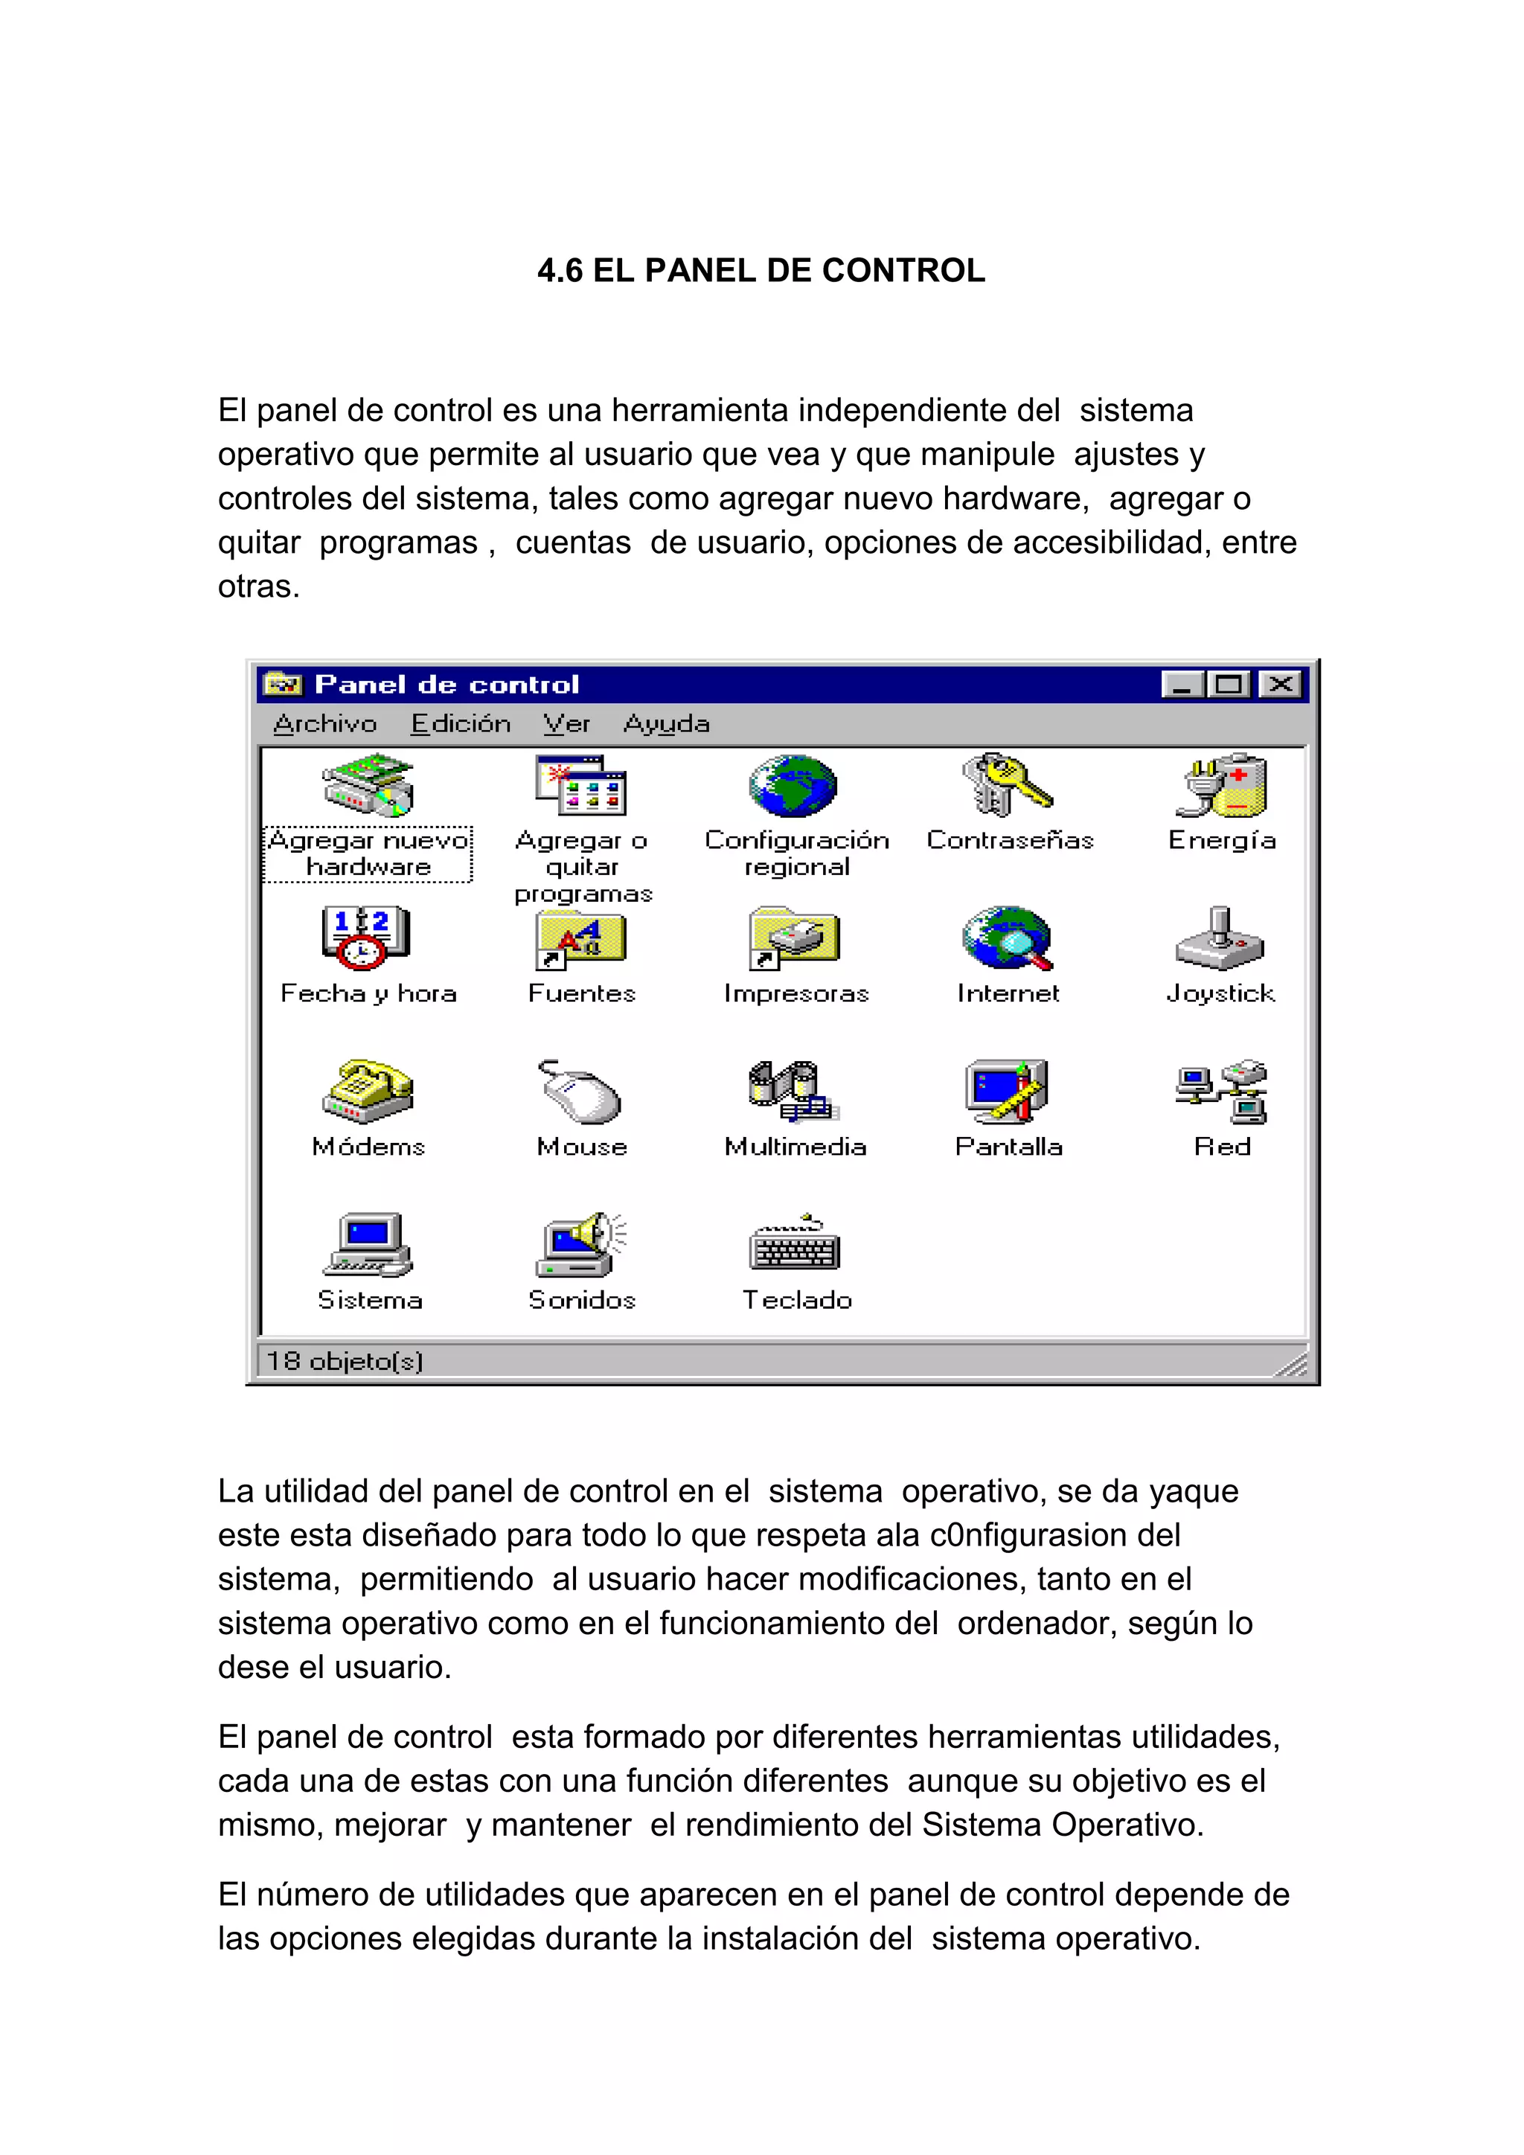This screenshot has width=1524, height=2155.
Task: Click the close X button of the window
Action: (1280, 685)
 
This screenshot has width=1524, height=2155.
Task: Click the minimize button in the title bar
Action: (1182, 685)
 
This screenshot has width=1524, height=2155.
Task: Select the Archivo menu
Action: (324, 723)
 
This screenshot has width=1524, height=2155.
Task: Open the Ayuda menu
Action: (666, 723)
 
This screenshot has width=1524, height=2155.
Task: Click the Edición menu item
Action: (461, 723)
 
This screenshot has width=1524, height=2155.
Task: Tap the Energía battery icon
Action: (1222, 786)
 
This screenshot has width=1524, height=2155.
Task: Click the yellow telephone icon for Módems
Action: (368, 1091)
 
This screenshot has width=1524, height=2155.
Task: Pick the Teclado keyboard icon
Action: (794, 1246)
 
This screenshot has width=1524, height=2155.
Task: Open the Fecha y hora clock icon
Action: (366, 937)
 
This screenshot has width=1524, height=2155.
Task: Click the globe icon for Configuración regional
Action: (793, 786)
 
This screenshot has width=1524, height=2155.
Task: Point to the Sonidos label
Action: (582, 1300)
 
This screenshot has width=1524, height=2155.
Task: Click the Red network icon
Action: (1222, 1092)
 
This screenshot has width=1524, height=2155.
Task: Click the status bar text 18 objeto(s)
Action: (345, 1361)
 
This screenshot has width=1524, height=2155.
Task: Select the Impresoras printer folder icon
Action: (794, 938)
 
